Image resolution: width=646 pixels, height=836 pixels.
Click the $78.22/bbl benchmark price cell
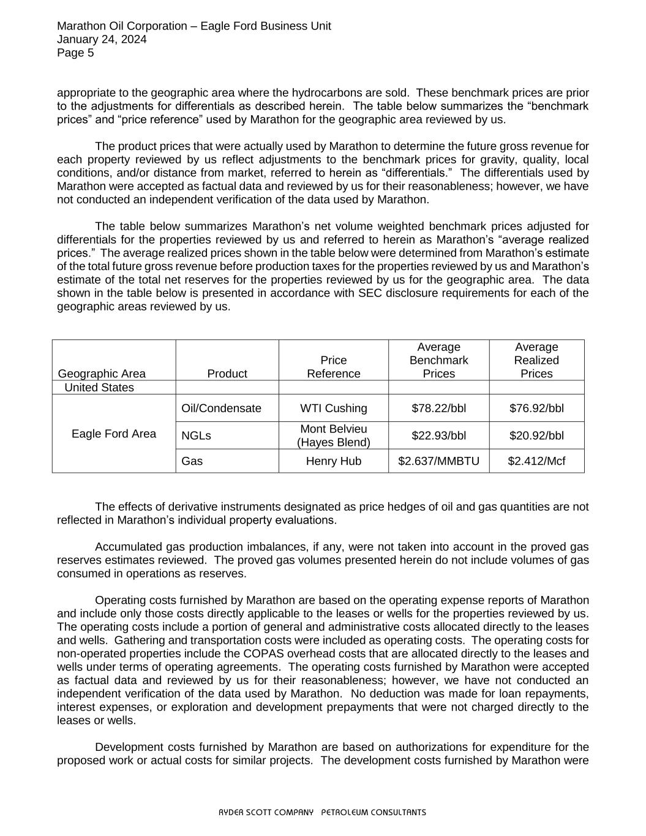click(x=438, y=409)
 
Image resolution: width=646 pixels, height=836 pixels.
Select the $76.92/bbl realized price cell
click(x=536, y=409)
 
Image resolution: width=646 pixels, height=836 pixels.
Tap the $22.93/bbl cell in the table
click(x=438, y=435)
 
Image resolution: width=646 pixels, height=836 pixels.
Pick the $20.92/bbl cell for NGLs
click(x=536, y=435)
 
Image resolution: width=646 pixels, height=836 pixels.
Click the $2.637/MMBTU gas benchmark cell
click(x=438, y=461)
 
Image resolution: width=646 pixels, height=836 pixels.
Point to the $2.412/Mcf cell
click(x=536, y=461)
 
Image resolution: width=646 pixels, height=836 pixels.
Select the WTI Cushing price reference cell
click(x=333, y=409)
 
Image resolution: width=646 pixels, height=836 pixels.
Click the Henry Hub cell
click(x=333, y=461)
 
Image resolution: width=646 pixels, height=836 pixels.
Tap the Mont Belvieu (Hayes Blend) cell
click(x=333, y=435)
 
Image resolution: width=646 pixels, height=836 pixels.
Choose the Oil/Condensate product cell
click(x=221, y=409)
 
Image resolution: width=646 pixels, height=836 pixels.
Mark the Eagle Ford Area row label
click(x=113, y=434)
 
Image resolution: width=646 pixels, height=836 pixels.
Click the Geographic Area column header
click(x=102, y=374)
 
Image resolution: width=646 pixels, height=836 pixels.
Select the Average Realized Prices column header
click(x=536, y=360)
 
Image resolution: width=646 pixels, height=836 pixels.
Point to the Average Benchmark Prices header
click(x=438, y=360)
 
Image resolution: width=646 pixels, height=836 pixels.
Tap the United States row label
click(x=99, y=388)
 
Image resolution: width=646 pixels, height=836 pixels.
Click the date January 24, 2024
click(x=102, y=39)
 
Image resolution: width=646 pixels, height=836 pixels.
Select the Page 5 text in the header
click(x=75, y=53)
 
